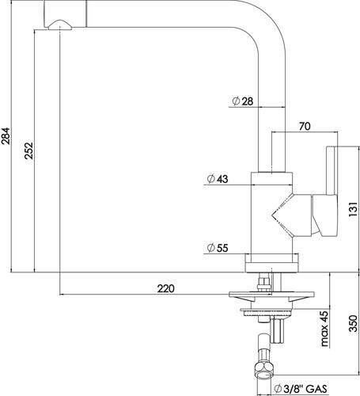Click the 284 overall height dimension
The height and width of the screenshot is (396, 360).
pyautogui.click(x=6, y=136)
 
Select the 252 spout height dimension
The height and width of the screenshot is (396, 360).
pyautogui.click(x=28, y=150)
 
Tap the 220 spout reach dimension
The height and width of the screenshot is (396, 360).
pyautogui.click(x=166, y=288)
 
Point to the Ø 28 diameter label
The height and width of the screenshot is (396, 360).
pyautogui.click(x=243, y=101)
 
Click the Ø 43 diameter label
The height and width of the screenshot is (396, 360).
pyautogui.click(x=218, y=179)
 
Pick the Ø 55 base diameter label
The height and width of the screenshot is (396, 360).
pyautogui.click(x=218, y=248)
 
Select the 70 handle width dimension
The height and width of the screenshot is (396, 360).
pyautogui.click(x=305, y=127)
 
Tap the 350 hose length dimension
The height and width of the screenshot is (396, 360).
pyautogui.click(x=353, y=323)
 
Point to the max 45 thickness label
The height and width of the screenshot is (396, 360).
pyautogui.click(x=324, y=329)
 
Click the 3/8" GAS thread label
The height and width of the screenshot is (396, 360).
pyautogui.click(x=305, y=389)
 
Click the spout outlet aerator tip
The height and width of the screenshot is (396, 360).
pyautogui.click(x=60, y=25)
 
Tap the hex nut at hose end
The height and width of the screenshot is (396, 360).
pyautogui.click(x=264, y=371)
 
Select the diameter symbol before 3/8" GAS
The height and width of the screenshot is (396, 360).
pyautogui.click(x=278, y=389)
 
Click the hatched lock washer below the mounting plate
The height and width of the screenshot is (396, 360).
pyautogui.click(x=267, y=314)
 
